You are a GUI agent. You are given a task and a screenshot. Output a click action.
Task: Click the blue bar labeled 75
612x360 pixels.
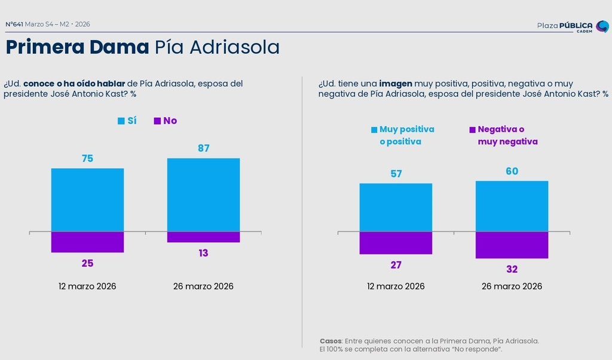(x=87, y=200)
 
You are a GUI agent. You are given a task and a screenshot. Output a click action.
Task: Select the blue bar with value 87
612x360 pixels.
(x=203, y=194)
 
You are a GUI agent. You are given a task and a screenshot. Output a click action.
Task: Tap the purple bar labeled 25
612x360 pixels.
(x=87, y=242)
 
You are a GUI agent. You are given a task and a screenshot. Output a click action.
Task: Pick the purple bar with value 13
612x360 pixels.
(x=203, y=237)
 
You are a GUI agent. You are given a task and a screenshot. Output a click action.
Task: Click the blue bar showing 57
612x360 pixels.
(x=396, y=207)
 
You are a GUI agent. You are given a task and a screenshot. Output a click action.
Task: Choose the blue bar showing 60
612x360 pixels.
(x=512, y=206)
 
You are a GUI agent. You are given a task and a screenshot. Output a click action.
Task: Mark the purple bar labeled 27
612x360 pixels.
(x=396, y=243)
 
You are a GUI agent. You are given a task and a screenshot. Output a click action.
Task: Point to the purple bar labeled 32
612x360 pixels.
(x=512, y=245)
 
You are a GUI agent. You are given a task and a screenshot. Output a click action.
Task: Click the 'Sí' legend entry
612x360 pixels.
(x=127, y=121)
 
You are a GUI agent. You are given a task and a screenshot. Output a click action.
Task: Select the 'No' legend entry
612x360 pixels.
(x=166, y=121)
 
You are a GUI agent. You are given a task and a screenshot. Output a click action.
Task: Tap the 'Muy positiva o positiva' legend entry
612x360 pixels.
(x=402, y=135)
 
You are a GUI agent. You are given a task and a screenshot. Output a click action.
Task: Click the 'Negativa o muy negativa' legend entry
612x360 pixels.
(x=503, y=135)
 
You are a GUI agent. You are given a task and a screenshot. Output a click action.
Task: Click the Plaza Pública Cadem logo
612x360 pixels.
(x=572, y=26)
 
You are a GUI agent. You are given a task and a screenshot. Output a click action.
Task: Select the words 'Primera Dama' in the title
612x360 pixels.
(x=77, y=47)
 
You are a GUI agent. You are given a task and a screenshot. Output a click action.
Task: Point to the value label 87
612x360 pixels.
(x=203, y=148)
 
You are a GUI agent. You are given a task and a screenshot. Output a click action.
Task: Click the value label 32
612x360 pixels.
(x=512, y=269)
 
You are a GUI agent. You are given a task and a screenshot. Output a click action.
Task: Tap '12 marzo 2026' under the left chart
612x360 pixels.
(x=87, y=286)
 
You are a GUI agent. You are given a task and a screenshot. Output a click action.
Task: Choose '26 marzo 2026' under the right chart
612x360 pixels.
(x=512, y=286)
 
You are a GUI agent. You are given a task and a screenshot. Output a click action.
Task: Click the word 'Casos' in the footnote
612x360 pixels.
(x=331, y=341)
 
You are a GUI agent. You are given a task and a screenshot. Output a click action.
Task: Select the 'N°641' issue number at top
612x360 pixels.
(x=14, y=25)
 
